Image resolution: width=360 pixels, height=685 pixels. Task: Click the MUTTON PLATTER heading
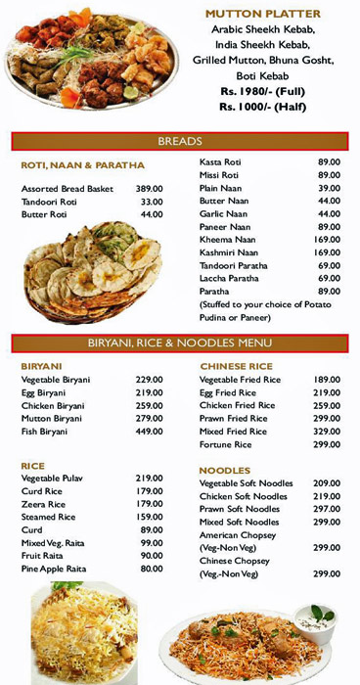[x=263, y=15]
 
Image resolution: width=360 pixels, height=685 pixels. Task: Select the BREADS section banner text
[x=179, y=141]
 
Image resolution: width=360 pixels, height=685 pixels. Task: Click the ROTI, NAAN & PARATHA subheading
[x=83, y=165]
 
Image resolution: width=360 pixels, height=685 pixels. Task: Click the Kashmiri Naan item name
[x=228, y=252]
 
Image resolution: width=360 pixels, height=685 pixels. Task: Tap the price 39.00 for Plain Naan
[x=329, y=188]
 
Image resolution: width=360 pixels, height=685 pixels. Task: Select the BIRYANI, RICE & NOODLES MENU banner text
[x=179, y=343]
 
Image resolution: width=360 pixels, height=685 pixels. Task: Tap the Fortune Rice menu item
[x=226, y=444]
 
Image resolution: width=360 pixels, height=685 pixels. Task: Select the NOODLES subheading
[x=225, y=471]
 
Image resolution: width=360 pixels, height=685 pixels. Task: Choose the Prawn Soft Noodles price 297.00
[x=327, y=509]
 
